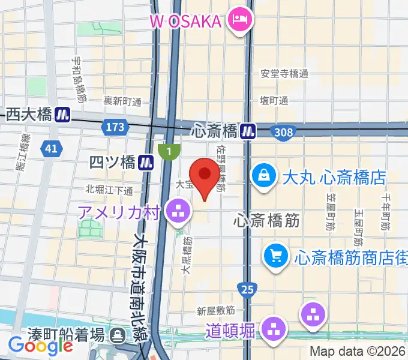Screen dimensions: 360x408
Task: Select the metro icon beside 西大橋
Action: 62,114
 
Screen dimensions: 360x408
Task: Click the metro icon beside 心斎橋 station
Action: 248,130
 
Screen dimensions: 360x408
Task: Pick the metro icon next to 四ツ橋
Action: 145,161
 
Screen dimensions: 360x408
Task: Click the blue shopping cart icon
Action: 275,257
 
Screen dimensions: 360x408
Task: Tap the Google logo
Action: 40,345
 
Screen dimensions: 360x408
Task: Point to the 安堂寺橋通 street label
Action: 284,74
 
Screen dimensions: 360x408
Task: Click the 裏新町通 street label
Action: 122,101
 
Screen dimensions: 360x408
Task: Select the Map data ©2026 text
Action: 358,352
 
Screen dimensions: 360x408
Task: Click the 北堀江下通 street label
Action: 109,190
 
